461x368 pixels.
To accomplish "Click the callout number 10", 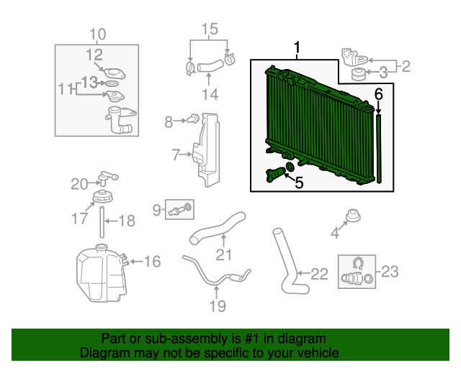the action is coord(98,34).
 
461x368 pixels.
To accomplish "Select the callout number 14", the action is coord(210,94).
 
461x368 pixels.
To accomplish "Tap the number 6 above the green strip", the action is coord(379,94).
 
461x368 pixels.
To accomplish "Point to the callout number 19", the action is coord(218,305).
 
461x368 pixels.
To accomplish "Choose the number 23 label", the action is coord(390,271).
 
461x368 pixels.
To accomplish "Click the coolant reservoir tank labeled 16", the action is coord(102,273).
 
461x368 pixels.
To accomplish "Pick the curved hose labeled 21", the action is coord(218,229).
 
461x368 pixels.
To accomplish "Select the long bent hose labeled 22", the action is coord(290,261).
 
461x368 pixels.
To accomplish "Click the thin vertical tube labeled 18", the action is coord(102,222).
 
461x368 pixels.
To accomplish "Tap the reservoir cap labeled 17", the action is coord(102,196).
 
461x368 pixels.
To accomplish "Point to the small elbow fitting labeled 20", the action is coord(107,178).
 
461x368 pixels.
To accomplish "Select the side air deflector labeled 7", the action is coord(207,149).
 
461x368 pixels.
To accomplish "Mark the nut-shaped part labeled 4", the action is coord(353,216).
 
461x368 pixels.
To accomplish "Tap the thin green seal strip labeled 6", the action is coord(379,149).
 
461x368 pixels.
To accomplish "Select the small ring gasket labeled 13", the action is coord(112,84).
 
